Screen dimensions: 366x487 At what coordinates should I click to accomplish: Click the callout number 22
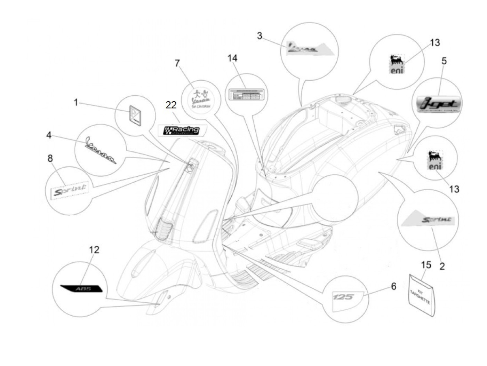click(171, 105)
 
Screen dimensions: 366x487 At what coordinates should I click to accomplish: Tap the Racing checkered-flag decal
click(182, 130)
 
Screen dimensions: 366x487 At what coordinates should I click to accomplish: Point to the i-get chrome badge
click(439, 103)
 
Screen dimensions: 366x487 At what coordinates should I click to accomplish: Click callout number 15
click(426, 265)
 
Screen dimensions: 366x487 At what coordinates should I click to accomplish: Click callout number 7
click(177, 63)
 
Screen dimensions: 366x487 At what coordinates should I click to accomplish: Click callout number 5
click(444, 61)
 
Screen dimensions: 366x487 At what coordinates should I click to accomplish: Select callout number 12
click(94, 250)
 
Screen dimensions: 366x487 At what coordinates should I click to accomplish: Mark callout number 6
click(393, 286)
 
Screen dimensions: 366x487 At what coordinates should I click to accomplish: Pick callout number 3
click(260, 35)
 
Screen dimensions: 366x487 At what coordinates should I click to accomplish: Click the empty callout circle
click(335, 198)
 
